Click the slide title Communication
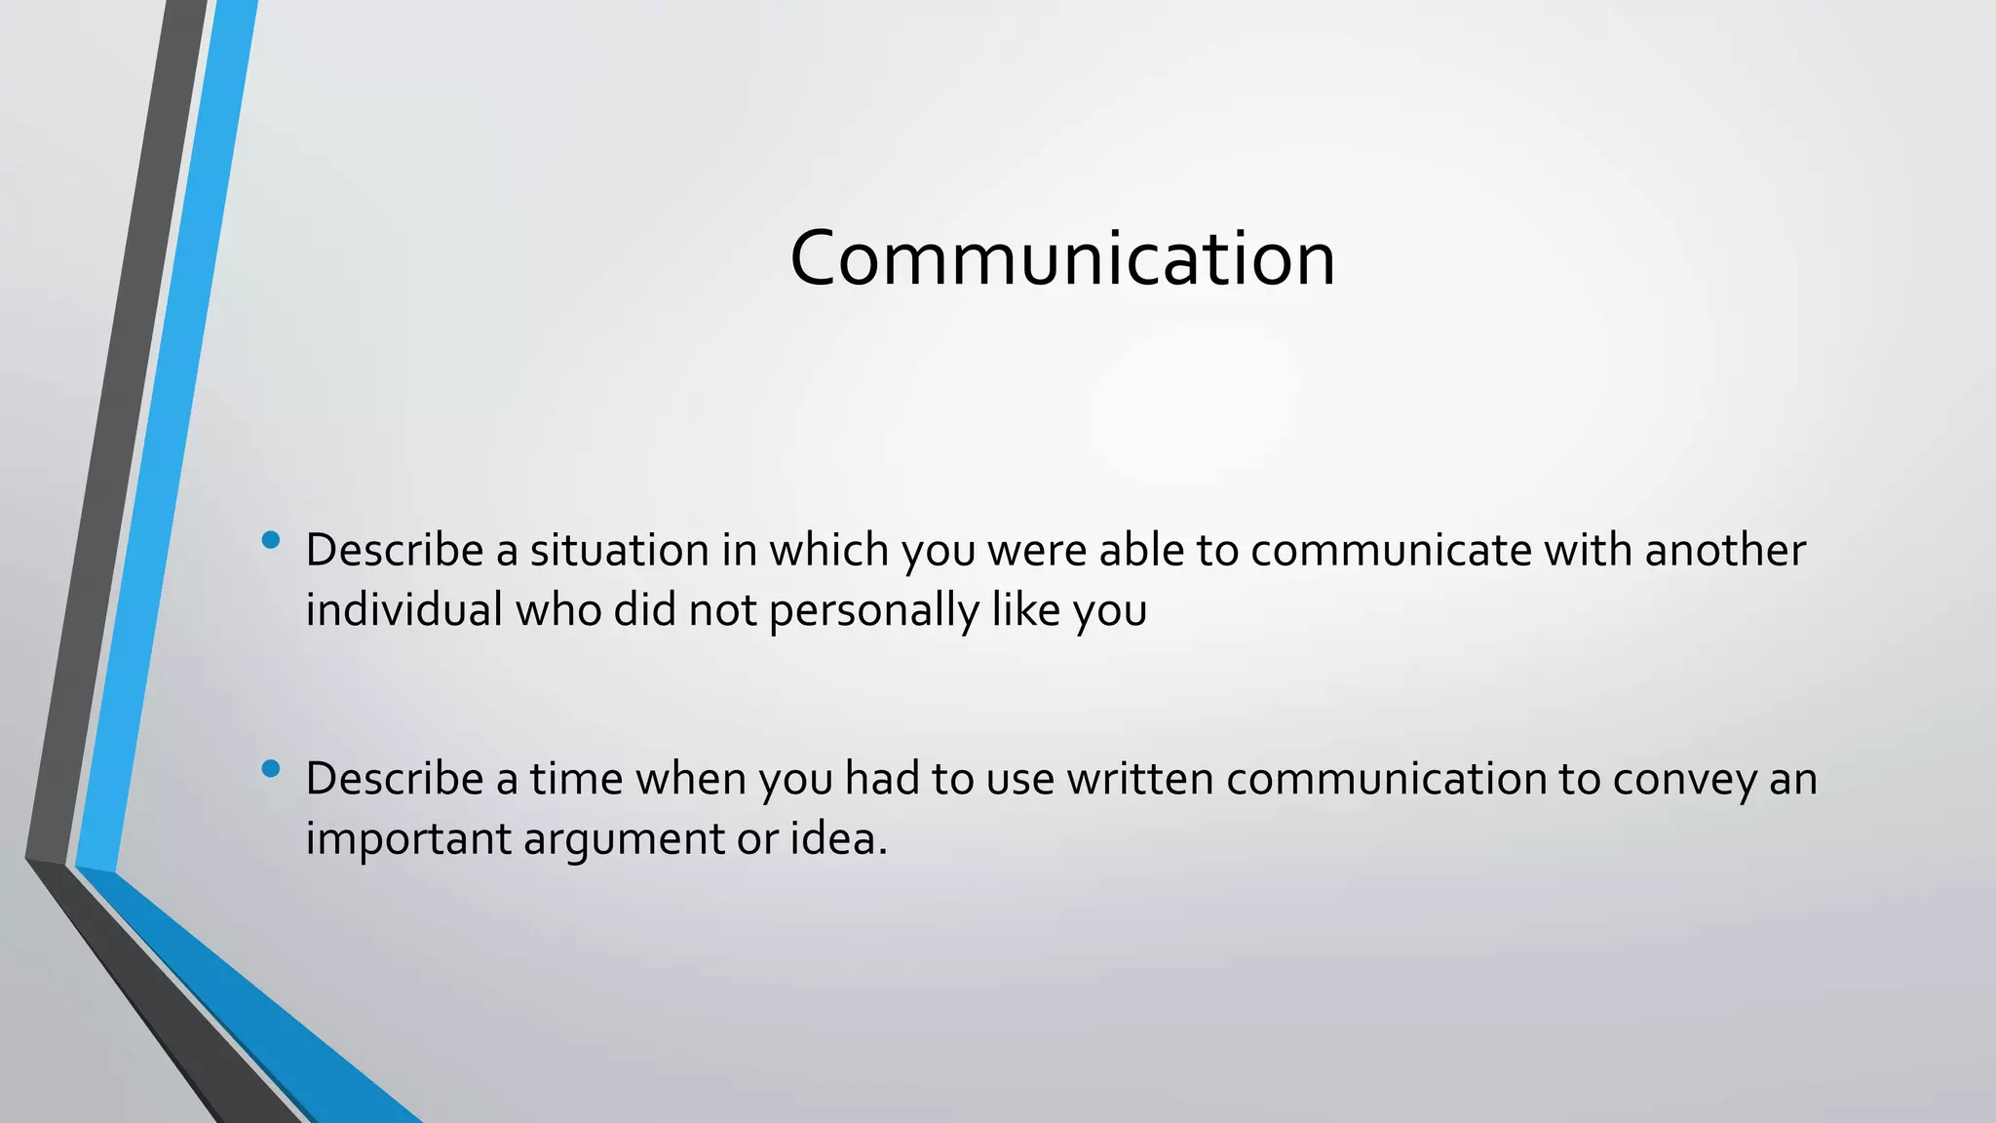1062,258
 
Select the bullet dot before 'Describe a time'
271,769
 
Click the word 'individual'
403,610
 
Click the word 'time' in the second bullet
576,780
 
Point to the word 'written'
1139,780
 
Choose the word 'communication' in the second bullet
1386,780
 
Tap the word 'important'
407,840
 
